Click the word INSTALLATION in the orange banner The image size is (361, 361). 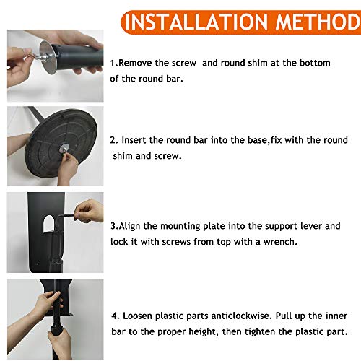pos(196,22)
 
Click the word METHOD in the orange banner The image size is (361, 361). pos(318,22)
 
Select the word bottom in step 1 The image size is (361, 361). pos(315,63)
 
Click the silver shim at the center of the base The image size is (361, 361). pos(64,148)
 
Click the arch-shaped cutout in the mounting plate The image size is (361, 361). pos(49,224)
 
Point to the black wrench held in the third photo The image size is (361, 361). pos(67,216)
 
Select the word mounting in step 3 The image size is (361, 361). pos(180,226)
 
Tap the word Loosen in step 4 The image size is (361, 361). pos(138,316)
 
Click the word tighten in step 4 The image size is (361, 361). pos(260,331)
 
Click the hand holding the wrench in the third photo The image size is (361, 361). pos(89,211)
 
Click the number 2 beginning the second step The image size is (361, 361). pos(113,140)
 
